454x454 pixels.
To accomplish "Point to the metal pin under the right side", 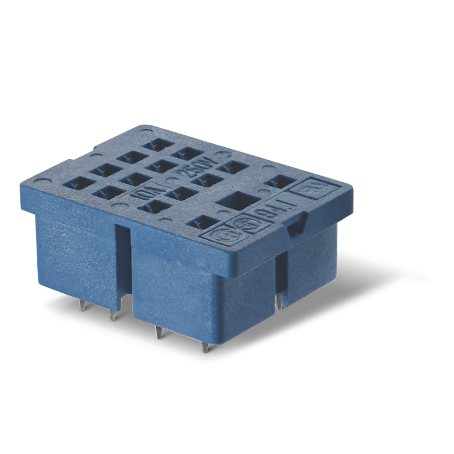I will (x=278, y=301).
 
